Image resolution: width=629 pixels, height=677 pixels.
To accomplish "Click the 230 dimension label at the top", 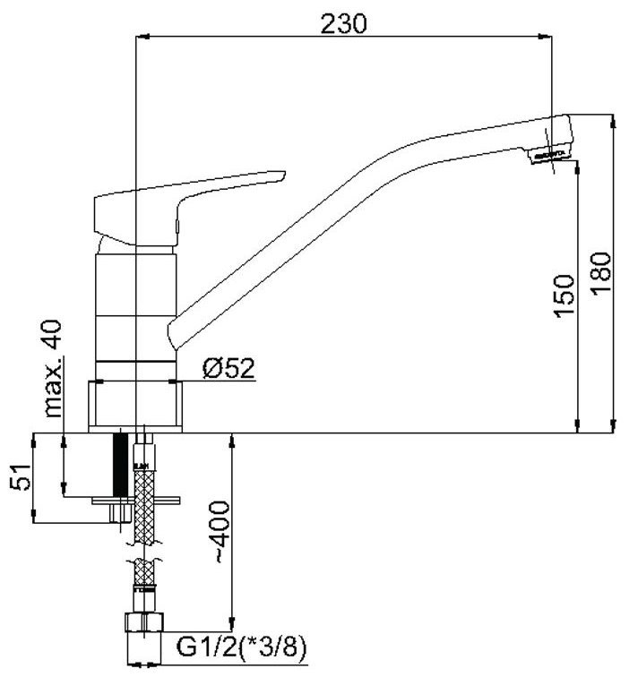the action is click(343, 23).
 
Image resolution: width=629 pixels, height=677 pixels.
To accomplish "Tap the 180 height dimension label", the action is click(601, 274).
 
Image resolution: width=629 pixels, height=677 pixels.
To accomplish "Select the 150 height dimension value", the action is click(564, 296).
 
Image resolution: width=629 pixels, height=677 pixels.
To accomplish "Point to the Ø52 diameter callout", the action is click(228, 368).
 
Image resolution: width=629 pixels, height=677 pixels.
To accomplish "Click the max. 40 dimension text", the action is click(53, 368).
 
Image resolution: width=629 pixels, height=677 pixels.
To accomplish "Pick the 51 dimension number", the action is click(21, 477).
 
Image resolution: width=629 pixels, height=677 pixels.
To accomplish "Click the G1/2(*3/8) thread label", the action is click(242, 647).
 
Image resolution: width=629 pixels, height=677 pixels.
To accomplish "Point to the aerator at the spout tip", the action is click(548, 157).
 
